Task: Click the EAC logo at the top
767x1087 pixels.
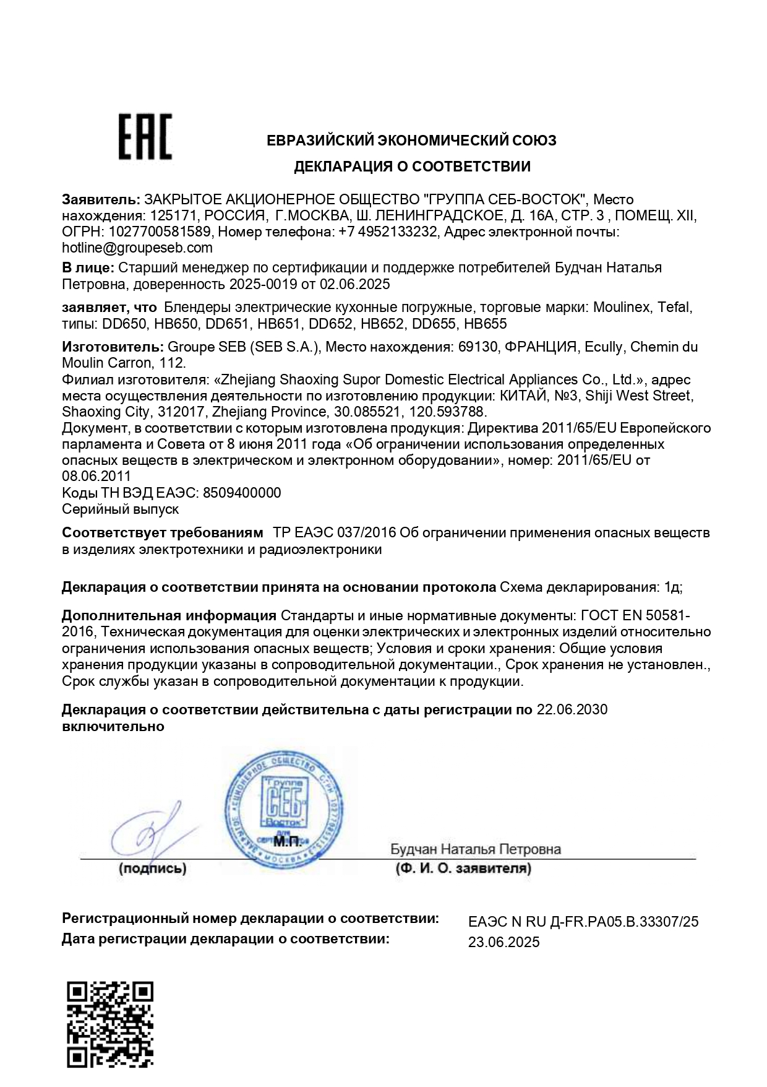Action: click(145, 137)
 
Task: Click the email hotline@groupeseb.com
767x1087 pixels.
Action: click(137, 248)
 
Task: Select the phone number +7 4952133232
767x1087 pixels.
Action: click(389, 232)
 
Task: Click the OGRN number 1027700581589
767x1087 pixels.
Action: click(160, 232)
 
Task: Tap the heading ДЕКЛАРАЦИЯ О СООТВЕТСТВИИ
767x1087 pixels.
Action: click(411, 167)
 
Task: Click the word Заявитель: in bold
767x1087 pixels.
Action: click(101, 199)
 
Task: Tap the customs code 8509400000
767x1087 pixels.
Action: click(242, 493)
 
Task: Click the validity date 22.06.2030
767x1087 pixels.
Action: click(572, 709)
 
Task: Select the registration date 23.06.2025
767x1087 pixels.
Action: click(503, 942)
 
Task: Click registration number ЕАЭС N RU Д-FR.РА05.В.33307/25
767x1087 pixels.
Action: click(583, 922)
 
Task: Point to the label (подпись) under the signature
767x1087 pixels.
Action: click(152, 868)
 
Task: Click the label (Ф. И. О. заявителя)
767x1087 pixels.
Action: click(463, 868)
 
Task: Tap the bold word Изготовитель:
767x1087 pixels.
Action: click(113, 347)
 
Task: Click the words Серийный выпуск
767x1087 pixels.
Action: click(121, 509)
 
